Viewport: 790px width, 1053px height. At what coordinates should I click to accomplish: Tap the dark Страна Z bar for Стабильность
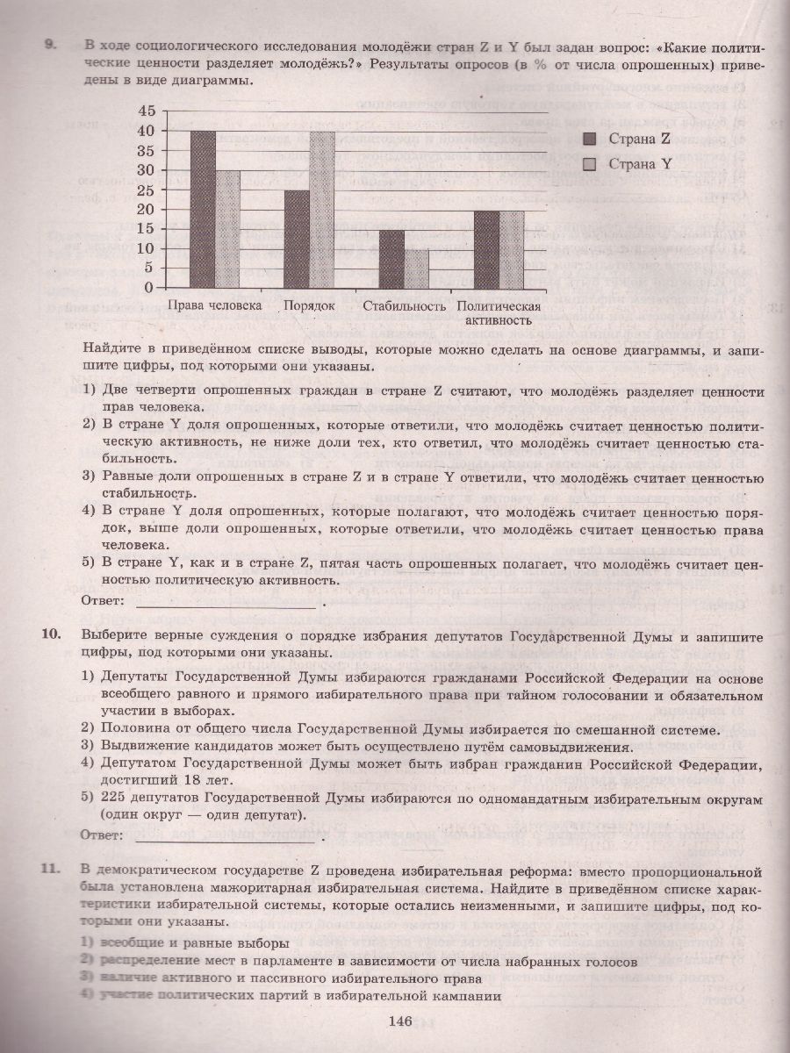(x=391, y=258)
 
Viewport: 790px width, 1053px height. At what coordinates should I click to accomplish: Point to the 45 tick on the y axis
(x=146, y=111)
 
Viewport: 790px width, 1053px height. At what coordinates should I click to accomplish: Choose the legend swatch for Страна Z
(x=590, y=138)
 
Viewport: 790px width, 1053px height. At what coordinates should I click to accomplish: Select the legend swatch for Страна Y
(x=590, y=164)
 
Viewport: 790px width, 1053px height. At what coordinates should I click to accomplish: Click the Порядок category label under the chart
(x=309, y=306)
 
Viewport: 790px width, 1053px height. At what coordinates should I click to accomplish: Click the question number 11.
(x=50, y=869)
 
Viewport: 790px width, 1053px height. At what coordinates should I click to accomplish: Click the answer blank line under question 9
(x=226, y=605)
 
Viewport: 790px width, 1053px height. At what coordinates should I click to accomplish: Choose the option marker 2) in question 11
(x=87, y=961)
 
